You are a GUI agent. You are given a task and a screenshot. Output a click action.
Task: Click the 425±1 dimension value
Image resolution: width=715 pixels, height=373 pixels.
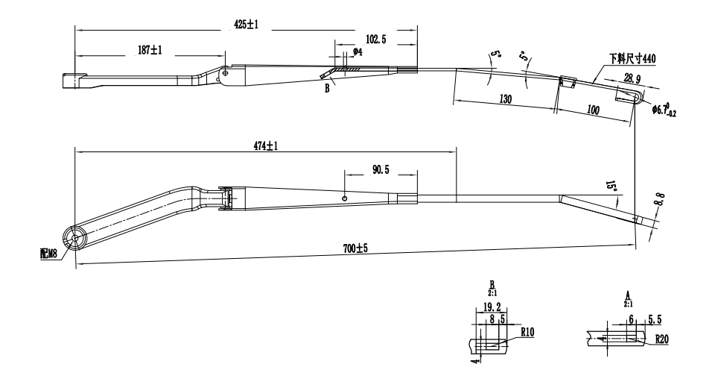pyautogui.click(x=246, y=25)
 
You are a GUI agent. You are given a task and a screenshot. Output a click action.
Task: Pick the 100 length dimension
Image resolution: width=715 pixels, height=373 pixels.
pyautogui.click(x=593, y=110)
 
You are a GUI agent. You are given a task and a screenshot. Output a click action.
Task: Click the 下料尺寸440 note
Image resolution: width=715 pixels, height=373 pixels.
pyautogui.click(x=632, y=57)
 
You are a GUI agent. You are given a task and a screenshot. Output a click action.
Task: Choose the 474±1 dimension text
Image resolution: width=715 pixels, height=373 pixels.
pyautogui.click(x=265, y=146)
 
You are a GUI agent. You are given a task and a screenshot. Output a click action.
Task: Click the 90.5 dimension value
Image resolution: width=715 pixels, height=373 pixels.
pyautogui.click(x=380, y=171)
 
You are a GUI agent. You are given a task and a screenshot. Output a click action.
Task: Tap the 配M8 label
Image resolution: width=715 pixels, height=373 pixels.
pyautogui.click(x=49, y=254)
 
